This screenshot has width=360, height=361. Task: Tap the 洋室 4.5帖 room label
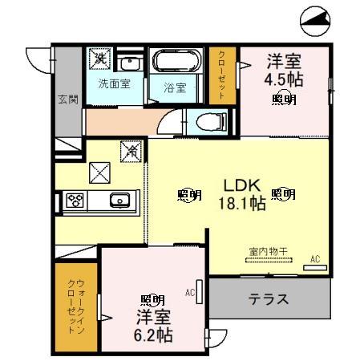[x=283, y=71]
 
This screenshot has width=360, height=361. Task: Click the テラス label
[x=268, y=300]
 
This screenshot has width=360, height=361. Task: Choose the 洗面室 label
[x=114, y=83]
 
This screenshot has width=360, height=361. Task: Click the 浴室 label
[x=176, y=87]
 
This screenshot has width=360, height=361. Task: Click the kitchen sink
[x=119, y=201]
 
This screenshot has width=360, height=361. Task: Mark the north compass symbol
[x=317, y=20]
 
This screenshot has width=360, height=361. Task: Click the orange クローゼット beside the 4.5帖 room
[x=221, y=75]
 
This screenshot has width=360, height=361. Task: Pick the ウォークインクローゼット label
[x=76, y=306]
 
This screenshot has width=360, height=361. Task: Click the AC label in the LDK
[x=315, y=258]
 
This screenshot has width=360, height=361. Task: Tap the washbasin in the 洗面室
[x=129, y=63]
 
